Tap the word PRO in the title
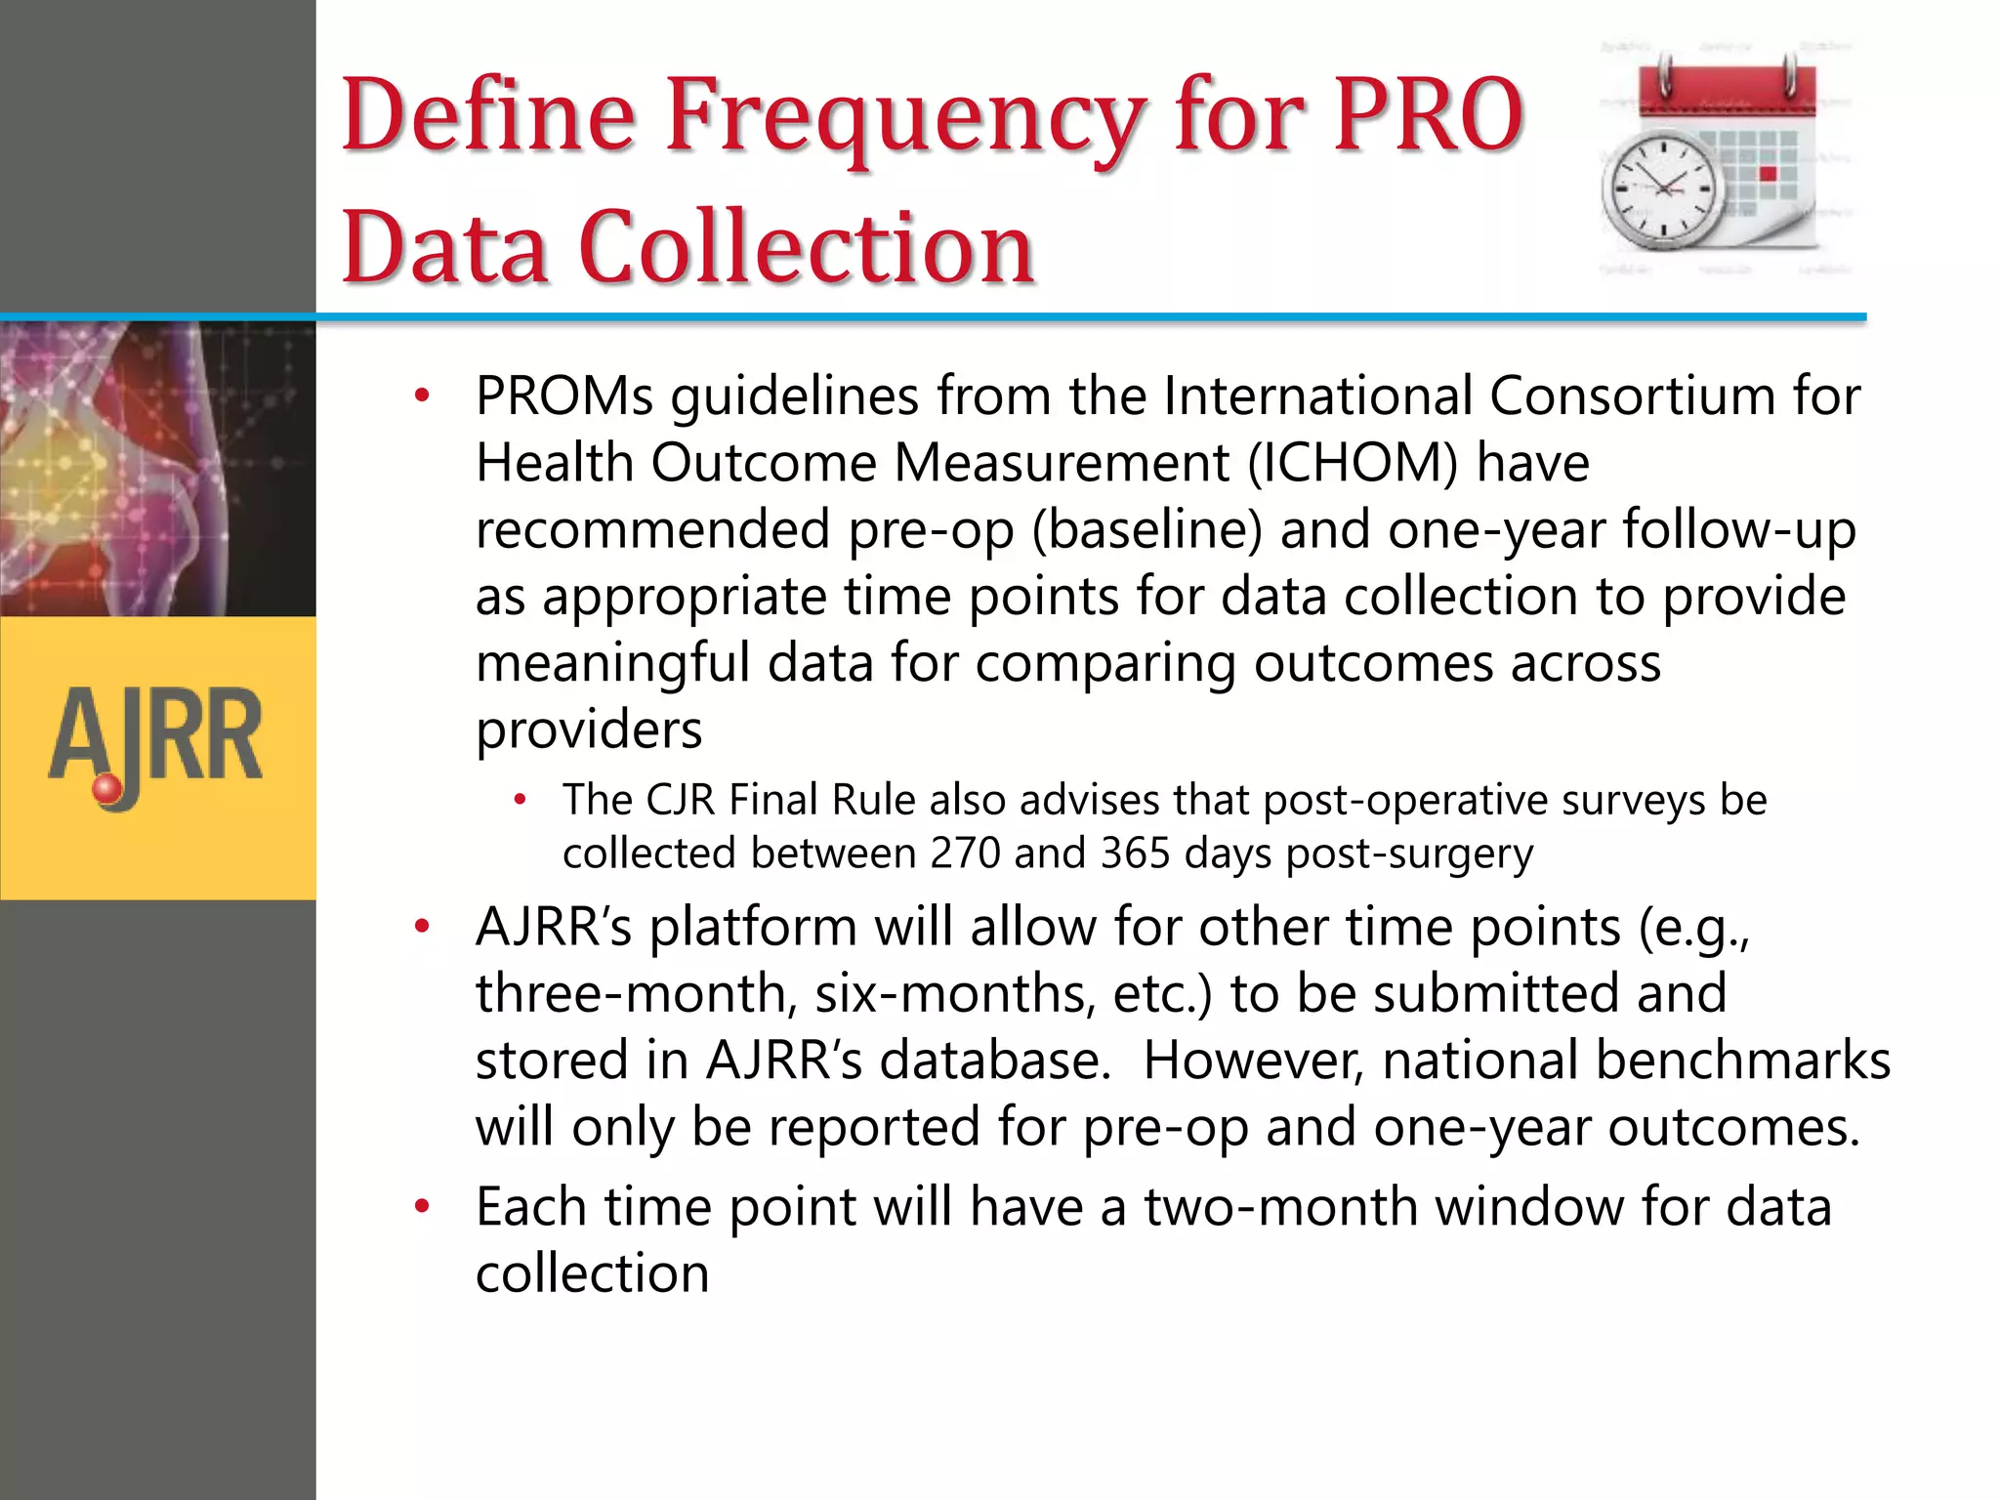[1429, 115]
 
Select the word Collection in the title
[807, 248]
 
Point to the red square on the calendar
[1768, 174]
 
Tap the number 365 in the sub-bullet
[1135, 854]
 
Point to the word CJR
[681, 801]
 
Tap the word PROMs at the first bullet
[564, 396]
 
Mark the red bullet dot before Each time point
[422, 1207]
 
